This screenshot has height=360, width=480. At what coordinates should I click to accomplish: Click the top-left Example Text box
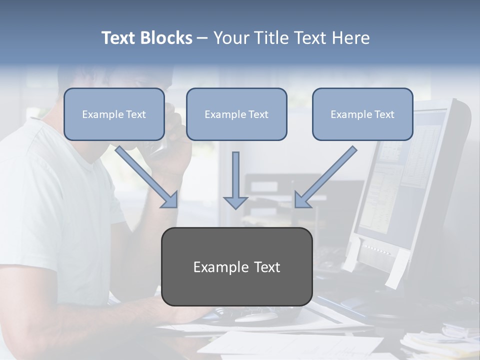114,114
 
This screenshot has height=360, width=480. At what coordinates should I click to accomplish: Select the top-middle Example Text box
236,114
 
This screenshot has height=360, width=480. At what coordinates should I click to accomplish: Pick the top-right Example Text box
362,114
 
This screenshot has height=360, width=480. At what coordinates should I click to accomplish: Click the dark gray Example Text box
236,267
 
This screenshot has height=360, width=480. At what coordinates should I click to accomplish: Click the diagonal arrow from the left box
147,177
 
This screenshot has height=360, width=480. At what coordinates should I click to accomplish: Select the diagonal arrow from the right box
325,177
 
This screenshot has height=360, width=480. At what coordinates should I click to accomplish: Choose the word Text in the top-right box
384,114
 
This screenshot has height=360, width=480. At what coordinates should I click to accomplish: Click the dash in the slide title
203,38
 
